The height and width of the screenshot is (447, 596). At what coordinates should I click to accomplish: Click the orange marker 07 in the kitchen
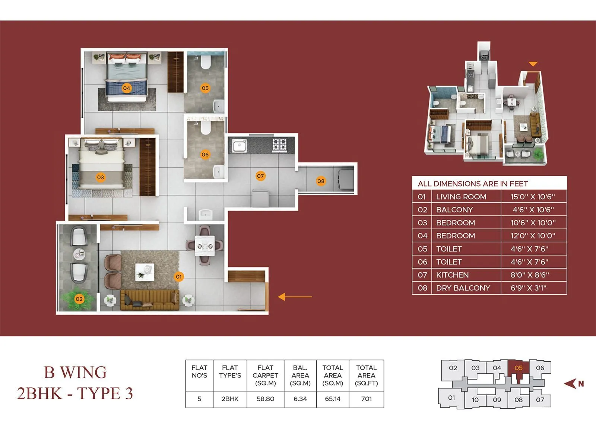coord(260,176)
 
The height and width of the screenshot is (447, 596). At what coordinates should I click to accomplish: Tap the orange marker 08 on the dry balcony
coord(321,181)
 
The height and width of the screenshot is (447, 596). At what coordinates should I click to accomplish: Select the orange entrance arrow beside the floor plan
coord(295,297)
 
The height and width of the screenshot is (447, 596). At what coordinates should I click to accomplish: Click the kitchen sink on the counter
coord(239,145)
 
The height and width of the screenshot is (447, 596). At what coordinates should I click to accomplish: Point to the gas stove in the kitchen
coord(279,144)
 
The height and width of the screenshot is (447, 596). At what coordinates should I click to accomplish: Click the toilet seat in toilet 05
coord(205,62)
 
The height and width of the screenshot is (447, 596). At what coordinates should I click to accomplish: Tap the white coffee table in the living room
coord(145,272)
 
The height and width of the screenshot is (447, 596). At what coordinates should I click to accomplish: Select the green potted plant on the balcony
coord(77,298)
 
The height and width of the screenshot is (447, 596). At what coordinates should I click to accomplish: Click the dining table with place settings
coord(205,246)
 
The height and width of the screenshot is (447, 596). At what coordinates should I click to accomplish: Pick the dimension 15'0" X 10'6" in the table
coord(533,197)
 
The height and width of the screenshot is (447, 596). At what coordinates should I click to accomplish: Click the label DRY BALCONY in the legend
coord(463,288)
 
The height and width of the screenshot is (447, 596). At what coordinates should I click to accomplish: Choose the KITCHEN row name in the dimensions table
coord(452,275)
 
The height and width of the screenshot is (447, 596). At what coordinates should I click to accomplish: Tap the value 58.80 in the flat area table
coord(265,399)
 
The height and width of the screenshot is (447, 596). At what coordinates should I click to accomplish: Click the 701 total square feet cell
coord(366,399)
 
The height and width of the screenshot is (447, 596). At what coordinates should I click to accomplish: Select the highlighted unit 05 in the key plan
coord(518,368)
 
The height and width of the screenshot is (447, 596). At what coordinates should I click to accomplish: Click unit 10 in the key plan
coord(475,400)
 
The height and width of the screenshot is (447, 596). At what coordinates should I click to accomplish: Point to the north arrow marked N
coord(574,383)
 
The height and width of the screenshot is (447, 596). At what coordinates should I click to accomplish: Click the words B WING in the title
coord(75,372)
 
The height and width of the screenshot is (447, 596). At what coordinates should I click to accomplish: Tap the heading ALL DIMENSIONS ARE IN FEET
coord(472,184)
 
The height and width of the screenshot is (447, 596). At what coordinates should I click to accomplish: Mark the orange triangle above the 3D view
coord(533,64)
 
